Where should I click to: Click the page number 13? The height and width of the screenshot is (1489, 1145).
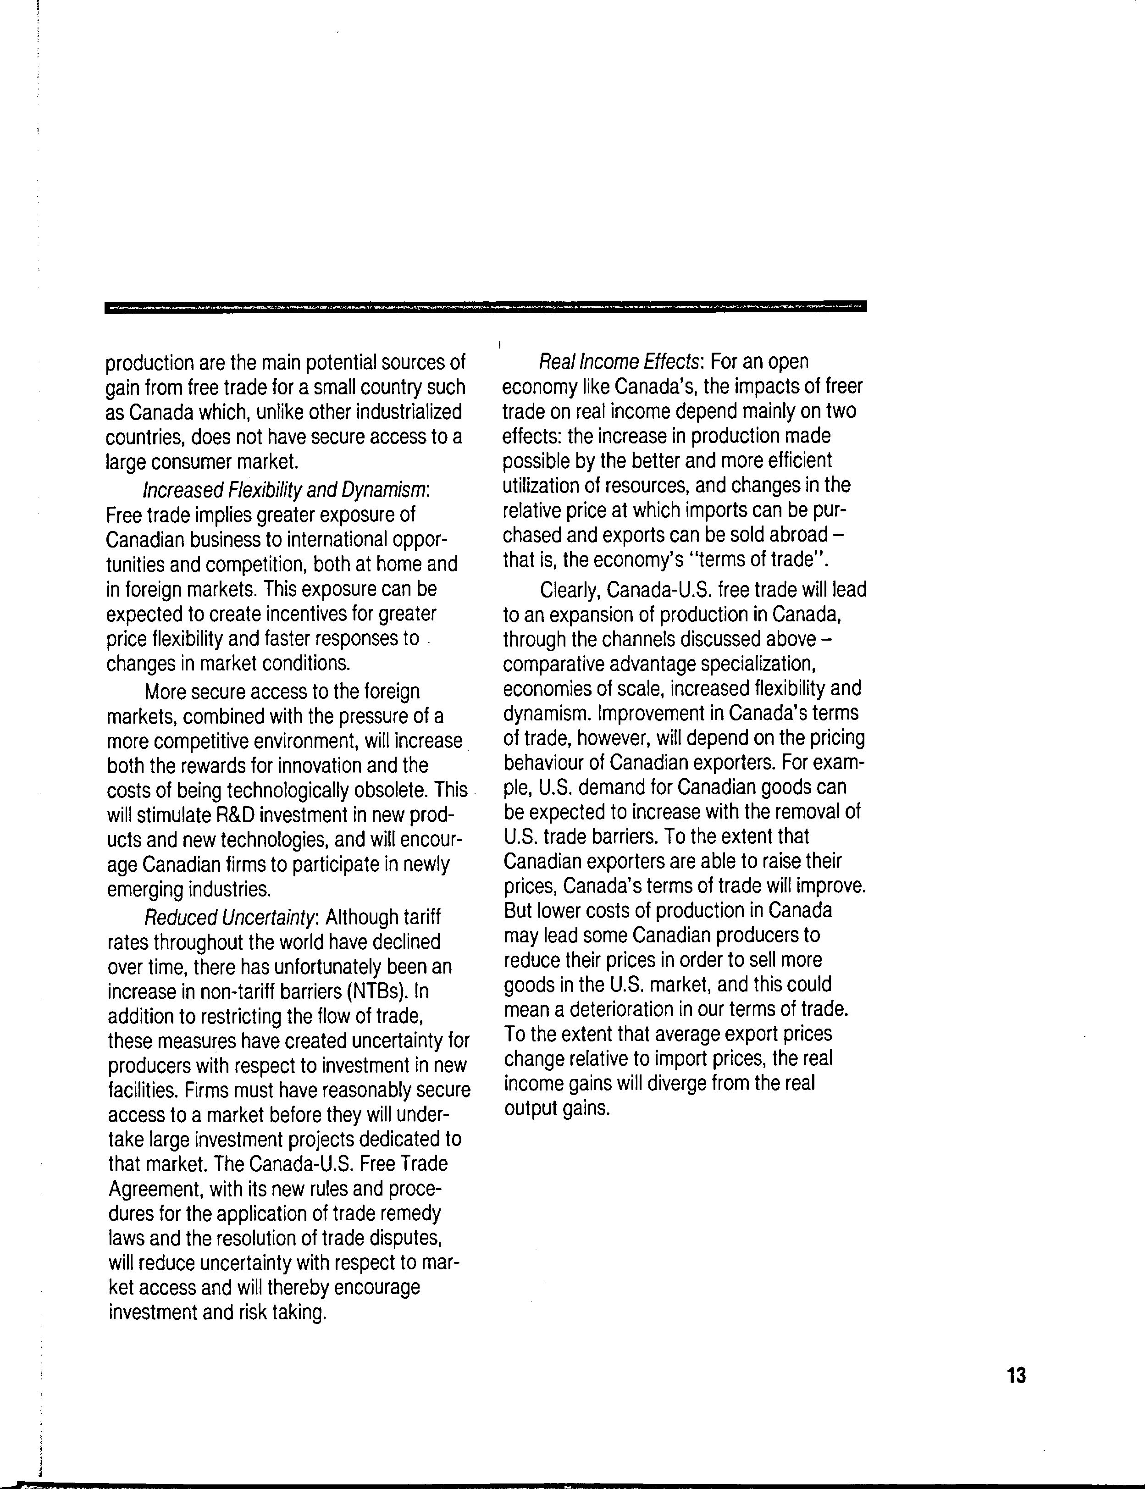pos(1016,1376)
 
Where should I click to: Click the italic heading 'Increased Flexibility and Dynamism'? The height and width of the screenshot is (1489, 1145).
pos(286,490)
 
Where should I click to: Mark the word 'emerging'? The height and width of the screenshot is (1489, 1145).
pos(145,889)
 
